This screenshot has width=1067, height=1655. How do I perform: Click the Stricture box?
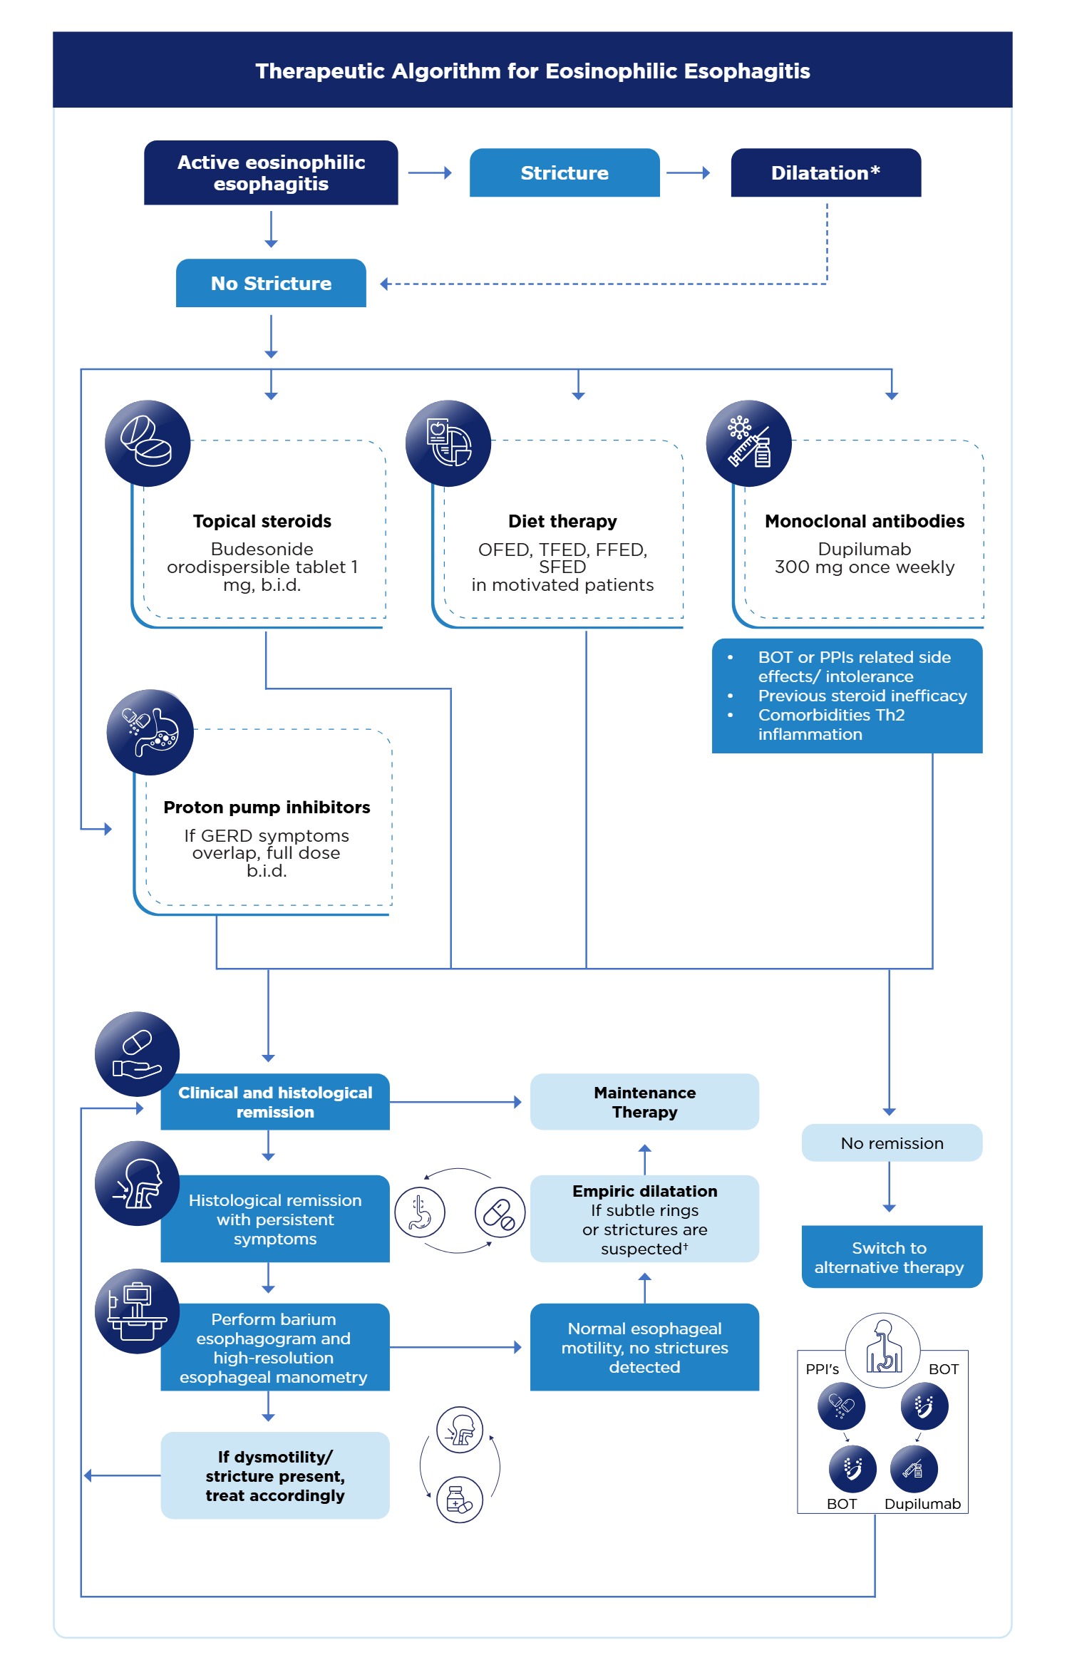(x=564, y=173)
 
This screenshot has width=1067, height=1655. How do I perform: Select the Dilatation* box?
(x=825, y=173)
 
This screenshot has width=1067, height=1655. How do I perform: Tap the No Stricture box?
(x=271, y=284)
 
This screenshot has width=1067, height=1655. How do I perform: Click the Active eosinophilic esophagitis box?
(x=271, y=173)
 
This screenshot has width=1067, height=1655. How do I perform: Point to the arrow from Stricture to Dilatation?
(x=688, y=172)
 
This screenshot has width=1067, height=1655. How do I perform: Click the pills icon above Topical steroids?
(x=148, y=443)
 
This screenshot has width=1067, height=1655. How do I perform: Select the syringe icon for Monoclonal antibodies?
(x=748, y=443)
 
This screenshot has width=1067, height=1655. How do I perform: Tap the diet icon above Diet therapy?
(x=448, y=443)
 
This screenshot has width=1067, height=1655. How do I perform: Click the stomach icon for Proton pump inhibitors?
(x=150, y=732)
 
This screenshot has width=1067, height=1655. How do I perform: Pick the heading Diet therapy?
(x=562, y=522)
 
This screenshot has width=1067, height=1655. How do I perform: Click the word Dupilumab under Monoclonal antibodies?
(x=864, y=550)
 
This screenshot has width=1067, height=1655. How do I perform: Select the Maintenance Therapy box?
(x=644, y=1102)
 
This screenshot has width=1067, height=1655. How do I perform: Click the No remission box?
(x=892, y=1143)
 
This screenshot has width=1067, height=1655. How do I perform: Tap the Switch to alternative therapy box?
(x=892, y=1257)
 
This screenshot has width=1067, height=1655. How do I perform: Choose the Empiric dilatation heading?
(x=644, y=1192)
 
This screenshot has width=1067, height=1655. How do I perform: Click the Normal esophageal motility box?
(x=644, y=1348)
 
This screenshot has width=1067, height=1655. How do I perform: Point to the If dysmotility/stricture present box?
(x=275, y=1476)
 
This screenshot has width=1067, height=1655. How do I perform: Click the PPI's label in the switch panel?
(x=822, y=1369)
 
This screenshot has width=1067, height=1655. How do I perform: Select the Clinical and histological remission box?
(x=275, y=1103)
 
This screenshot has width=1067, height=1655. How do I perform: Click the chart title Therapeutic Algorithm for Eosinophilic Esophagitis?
(x=532, y=71)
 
